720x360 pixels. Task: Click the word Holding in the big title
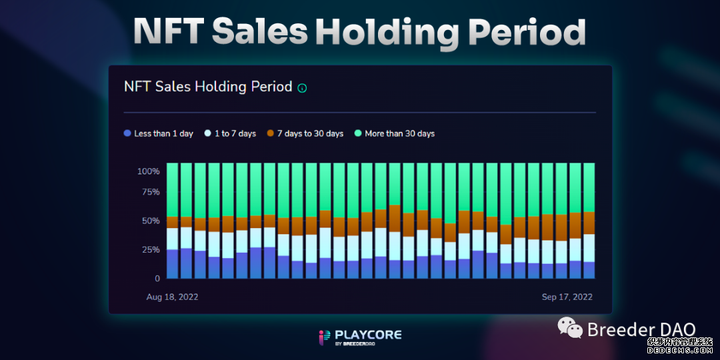coord(387,31)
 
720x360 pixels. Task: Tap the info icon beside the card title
coord(302,88)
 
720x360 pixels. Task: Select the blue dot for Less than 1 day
coord(127,133)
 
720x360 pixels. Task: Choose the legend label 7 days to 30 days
coord(310,133)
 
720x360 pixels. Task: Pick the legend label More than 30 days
coord(399,133)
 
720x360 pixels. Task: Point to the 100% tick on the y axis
coord(148,171)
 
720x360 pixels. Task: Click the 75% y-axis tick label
coord(150,193)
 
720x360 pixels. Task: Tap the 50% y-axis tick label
coord(150,221)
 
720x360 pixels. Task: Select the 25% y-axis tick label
coord(150,250)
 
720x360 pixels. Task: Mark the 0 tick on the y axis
coord(157,279)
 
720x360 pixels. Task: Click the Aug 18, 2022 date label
coord(172,297)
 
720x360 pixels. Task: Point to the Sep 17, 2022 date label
coord(567,297)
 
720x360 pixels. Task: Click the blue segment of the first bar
coord(172,264)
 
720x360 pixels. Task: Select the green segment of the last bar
coord(589,187)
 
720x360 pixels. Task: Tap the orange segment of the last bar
coord(589,223)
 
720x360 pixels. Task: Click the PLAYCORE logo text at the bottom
coord(369,334)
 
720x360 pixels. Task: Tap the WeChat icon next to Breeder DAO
coord(570,327)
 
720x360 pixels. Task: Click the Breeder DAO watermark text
coord(641,329)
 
